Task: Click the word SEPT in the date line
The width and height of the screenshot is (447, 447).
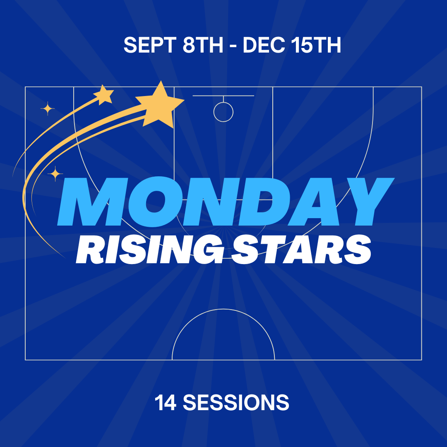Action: coord(150,45)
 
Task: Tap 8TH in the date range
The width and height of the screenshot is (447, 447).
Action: coord(203,45)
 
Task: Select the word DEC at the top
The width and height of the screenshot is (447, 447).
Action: coord(264,45)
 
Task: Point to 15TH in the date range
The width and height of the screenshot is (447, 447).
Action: coord(317,45)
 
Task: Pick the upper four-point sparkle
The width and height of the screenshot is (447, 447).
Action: coord(47,108)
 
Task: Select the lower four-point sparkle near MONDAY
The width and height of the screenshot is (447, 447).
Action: coord(55,173)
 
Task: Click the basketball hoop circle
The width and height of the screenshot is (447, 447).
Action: coord(223,122)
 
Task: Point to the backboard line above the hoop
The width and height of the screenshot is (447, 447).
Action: coord(223,96)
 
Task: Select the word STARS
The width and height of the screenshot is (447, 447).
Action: coord(301,249)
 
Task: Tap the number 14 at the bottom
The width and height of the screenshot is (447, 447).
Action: coord(165,402)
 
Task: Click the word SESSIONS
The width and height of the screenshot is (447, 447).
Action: coord(236,402)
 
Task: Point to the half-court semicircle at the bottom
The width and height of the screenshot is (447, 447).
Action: coord(223,309)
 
